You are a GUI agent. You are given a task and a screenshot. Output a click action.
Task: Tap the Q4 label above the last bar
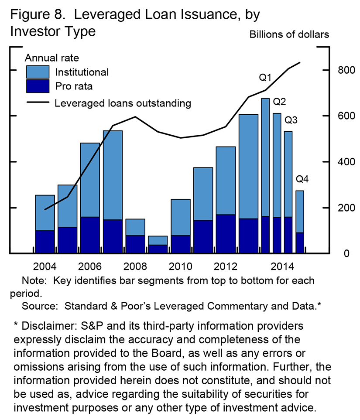(x=302, y=179)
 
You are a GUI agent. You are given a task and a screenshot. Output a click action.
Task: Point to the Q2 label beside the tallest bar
(x=279, y=102)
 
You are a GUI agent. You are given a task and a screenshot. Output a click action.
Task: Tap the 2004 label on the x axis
(x=45, y=267)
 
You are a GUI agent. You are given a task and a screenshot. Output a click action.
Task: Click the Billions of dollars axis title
(x=289, y=34)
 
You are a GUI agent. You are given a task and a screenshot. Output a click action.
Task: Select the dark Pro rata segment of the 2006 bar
(x=90, y=235)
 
